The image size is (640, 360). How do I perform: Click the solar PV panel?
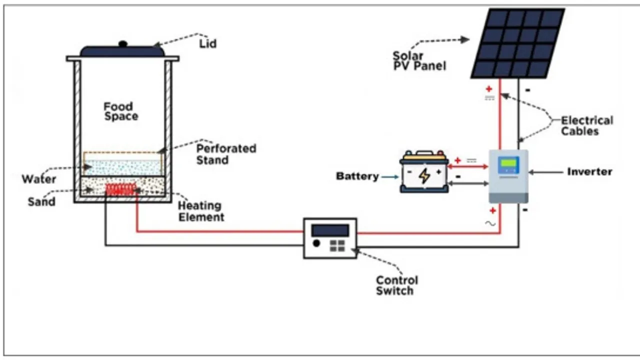coord(518,43)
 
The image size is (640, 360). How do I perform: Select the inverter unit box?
coord(508,176)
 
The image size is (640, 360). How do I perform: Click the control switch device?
coord(330,238)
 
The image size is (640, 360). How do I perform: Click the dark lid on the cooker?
coord(122,51)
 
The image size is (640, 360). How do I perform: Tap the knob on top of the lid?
coord(122,44)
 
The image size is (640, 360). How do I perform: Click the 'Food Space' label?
coord(120,111)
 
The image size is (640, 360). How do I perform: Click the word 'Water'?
coord(38,179)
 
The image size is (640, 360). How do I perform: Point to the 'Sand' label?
coord(41,202)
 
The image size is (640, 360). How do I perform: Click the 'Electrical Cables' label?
coord(586,126)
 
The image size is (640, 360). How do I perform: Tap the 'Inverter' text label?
coord(589,171)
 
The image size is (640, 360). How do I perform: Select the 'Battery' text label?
coord(357,176)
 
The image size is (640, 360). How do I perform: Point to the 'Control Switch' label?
coord(396,285)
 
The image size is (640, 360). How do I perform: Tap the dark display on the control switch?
coord(330,230)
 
